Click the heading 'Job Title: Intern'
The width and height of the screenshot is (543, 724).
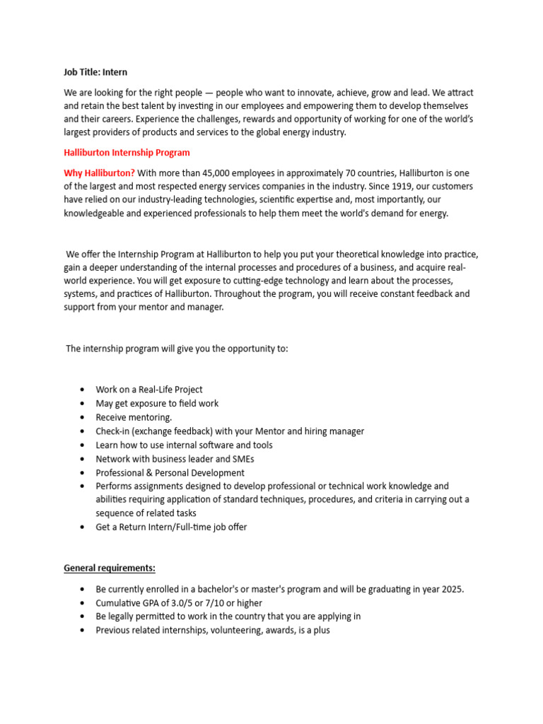tap(95, 72)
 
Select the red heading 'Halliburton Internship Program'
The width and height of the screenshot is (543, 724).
tap(127, 153)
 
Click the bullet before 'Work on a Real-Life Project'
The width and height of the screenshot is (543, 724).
tap(83, 390)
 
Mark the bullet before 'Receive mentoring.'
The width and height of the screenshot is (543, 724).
tap(83, 418)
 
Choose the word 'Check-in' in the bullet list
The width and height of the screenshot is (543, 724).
tap(114, 431)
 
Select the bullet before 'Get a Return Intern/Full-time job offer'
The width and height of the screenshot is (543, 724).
tap(83, 527)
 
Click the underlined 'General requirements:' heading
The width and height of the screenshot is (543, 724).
tap(110, 568)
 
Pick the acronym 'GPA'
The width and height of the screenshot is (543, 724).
tap(148, 603)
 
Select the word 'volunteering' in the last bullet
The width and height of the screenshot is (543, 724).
tap(215, 631)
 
